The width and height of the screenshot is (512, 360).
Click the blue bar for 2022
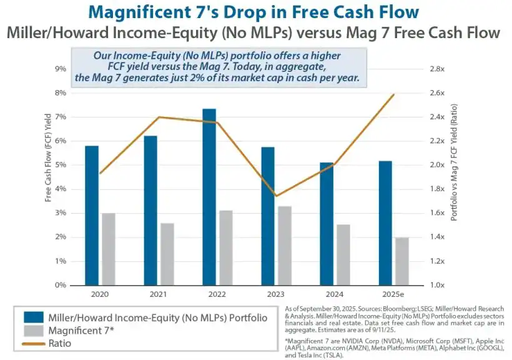[209, 197]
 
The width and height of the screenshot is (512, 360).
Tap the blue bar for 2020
[92, 215]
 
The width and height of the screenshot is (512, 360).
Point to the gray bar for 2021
[167, 254]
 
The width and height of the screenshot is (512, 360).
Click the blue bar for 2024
[327, 224]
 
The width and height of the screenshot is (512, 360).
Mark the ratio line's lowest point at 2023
[277, 196]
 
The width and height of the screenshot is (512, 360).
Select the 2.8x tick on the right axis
[436, 69]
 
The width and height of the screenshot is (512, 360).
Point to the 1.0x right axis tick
[436, 285]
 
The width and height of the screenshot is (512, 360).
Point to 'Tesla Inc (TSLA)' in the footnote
[317, 354]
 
